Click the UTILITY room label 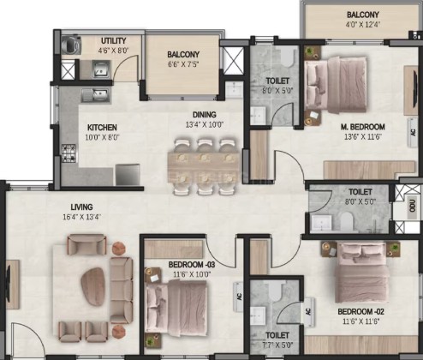[x=113, y=40]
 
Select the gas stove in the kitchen [x=69, y=153]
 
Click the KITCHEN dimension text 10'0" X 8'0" [x=102, y=137]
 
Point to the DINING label [x=205, y=115]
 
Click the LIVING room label [x=81, y=207]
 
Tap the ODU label [x=412, y=207]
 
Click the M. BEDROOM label [x=363, y=127]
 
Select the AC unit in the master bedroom [x=413, y=132]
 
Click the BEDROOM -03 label [x=192, y=265]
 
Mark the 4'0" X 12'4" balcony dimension [x=363, y=25]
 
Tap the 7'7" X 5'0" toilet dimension [x=277, y=345]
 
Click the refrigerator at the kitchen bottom [x=128, y=175]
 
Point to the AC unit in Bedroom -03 [x=238, y=297]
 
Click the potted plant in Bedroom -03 [x=150, y=339]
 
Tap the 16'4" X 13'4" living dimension [x=82, y=217]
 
